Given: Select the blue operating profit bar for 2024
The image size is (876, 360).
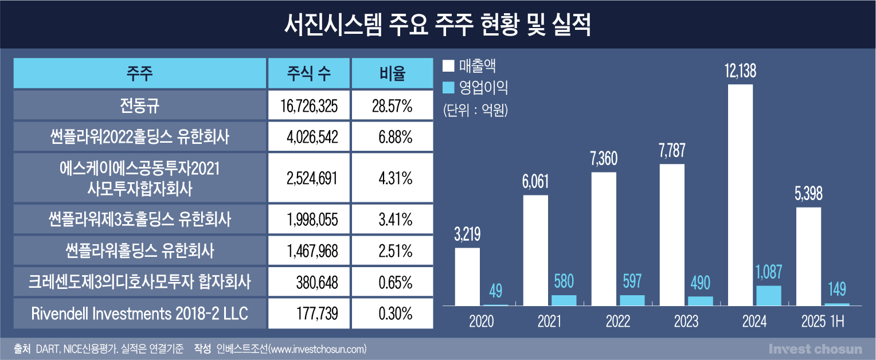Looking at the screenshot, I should point(769,295).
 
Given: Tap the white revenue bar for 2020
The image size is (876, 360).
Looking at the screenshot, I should point(467,276).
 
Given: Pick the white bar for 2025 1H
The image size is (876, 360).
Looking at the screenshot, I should point(808,256).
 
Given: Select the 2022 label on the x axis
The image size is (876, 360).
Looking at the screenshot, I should point(617,322).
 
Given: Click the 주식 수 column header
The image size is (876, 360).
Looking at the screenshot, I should point(309,73).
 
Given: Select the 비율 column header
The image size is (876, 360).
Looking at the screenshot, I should point(392,73).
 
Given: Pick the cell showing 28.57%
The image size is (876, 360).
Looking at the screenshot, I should point(392,105).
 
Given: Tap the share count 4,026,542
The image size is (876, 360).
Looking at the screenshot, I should point(309,137).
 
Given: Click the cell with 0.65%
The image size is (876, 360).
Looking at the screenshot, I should point(392,282).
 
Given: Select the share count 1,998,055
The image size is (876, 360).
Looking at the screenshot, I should point(309,219).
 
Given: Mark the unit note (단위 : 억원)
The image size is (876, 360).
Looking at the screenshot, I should point(475,110).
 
